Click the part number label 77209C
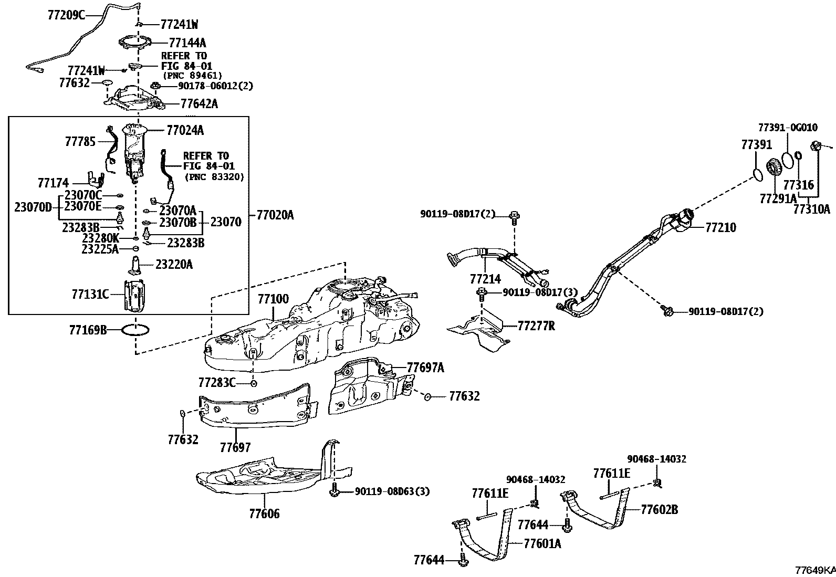coord(66,15)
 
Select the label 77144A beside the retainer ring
coord(187,42)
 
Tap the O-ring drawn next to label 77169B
coord(135,330)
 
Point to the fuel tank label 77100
coord(273,299)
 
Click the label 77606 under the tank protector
coord(264,513)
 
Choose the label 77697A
coord(425,368)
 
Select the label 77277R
coord(536,326)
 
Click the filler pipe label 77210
coord(720,227)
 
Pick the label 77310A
coord(811,209)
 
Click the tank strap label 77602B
coord(659,509)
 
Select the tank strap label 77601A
coord(542,543)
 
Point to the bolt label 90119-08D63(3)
coord(392,491)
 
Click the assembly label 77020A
coord(275,215)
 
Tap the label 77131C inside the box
coord(90,294)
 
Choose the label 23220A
coord(174,265)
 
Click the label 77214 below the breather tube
coord(485,279)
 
